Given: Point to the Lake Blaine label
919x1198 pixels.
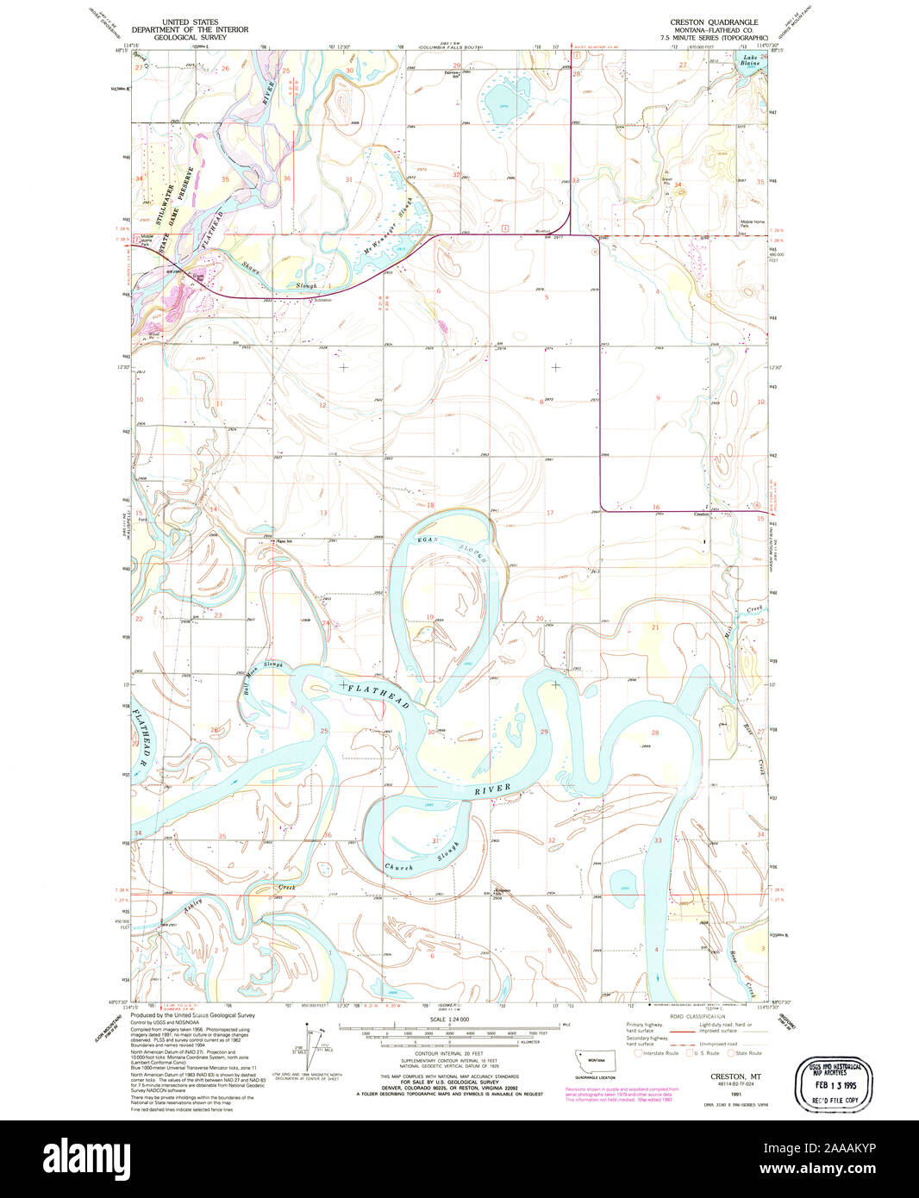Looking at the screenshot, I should coord(750,61).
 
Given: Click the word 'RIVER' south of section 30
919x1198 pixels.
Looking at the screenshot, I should coord(492,790).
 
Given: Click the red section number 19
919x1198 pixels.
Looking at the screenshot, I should coord(429,617).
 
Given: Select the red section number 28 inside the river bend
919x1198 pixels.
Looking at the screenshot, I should coord(655,733).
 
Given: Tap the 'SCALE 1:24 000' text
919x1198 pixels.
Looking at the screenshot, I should coord(448,1019).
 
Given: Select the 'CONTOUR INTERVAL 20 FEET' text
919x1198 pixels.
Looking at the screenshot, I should coord(447,1054).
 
